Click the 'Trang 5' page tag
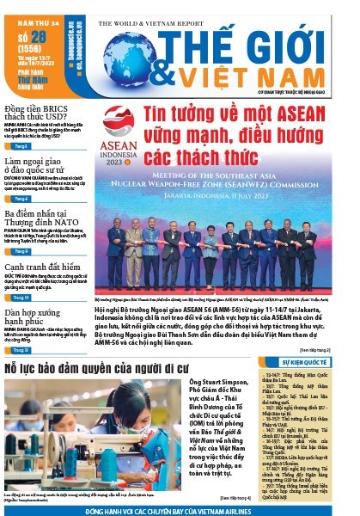(21, 146)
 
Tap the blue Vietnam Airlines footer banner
(180, 510)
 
